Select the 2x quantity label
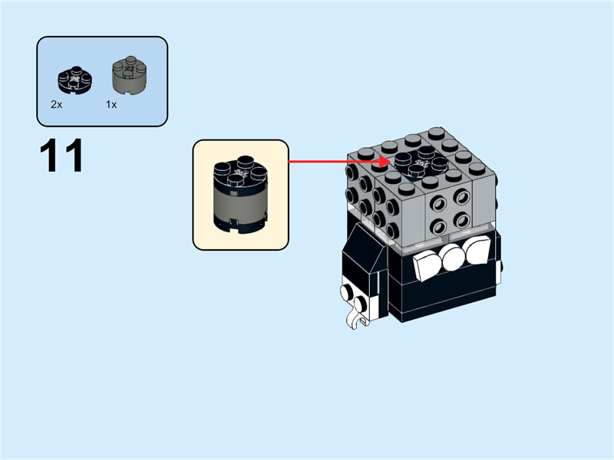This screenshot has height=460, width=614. click(x=56, y=104)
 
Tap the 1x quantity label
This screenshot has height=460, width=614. click(x=111, y=104)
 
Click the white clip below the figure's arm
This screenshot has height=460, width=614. click(x=357, y=315)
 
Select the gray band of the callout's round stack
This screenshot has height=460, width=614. click(x=240, y=202)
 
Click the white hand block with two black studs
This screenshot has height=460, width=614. click(x=354, y=295)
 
